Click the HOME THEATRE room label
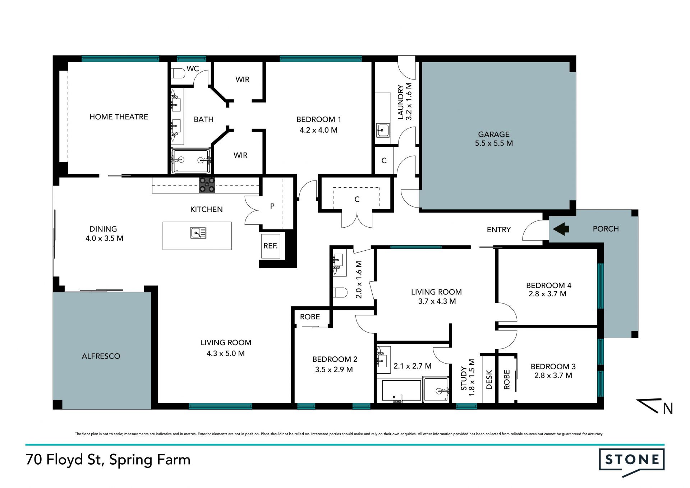pyautogui.click(x=119, y=117)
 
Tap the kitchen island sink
pyautogui.click(x=198, y=233)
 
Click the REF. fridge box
pyautogui.click(x=271, y=246)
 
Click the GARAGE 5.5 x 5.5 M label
pyautogui.click(x=494, y=139)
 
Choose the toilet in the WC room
pyautogui.click(x=178, y=73)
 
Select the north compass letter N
pyautogui.click(x=668, y=409)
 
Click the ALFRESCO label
pyautogui.click(x=101, y=356)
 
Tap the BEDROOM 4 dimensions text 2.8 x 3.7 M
pyautogui.click(x=548, y=294)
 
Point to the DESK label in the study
pyautogui.click(x=489, y=380)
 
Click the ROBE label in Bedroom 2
pyautogui.click(x=310, y=317)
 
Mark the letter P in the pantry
pyautogui.click(x=272, y=206)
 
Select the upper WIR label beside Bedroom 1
pyautogui.click(x=243, y=79)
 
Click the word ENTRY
pyautogui.click(x=499, y=229)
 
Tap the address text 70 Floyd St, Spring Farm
pyautogui.click(x=108, y=460)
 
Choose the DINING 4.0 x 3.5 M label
pyautogui.click(x=104, y=233)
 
